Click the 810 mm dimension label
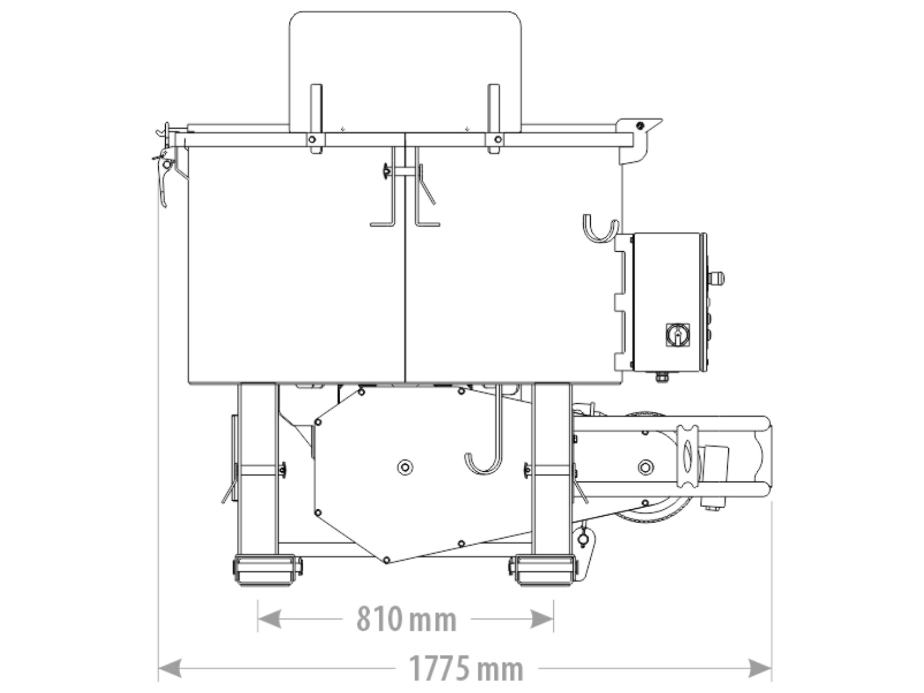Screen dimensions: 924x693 (x=406, y=619)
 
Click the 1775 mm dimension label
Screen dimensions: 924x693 (x=466, y=668)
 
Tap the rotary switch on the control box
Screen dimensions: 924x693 (x=678, y=334)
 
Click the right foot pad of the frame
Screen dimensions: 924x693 (x=544, y=570)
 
